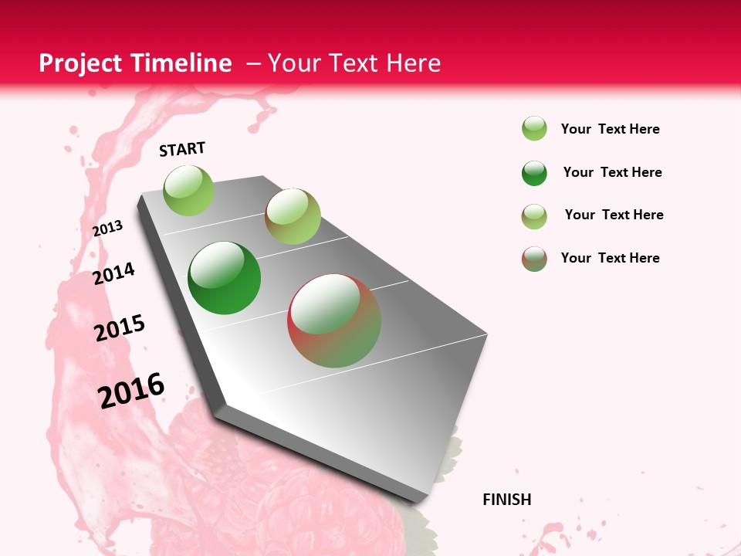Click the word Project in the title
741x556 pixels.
(x=80, y=63)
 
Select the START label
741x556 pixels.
(x=182, y=149)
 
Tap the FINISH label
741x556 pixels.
(x=507, y=500)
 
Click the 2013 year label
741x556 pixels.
(x=108, y=229)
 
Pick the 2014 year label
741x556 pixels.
(x=114, y=273)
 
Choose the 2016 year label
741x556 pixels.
(x=131, y=390)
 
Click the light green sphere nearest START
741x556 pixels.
(x=188, y=190)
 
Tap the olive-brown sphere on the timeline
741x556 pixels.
(x=293, y=216)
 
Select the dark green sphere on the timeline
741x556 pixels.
(x=224, y=278)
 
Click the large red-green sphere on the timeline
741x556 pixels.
(x=334, y=320)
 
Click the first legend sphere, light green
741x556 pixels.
(x=534, y=129)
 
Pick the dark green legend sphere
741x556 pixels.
(x=534, y=173)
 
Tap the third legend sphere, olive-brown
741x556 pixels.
(x=534, y=216)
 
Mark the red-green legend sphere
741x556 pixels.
(x=534, y=259)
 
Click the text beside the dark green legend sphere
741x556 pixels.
(x=612, y=172)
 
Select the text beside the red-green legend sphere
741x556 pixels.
(x=610, y=258)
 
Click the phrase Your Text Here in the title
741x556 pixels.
(x=354, y=63)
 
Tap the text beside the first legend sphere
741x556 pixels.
(x=610, y=129)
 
